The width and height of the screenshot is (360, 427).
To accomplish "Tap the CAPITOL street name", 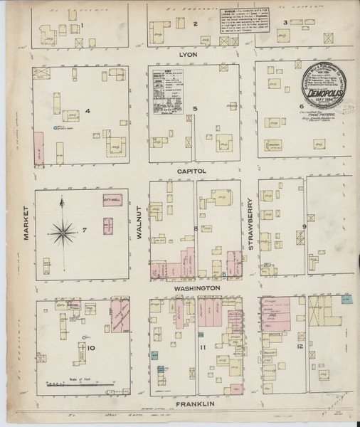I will coord(192,172).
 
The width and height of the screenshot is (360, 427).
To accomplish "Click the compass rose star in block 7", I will coord(64,230).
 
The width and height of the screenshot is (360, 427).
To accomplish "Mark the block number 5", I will coord(195,108).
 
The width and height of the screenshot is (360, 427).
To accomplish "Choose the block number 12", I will coord(301,346).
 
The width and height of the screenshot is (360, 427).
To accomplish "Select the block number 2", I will coord(195,24).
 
